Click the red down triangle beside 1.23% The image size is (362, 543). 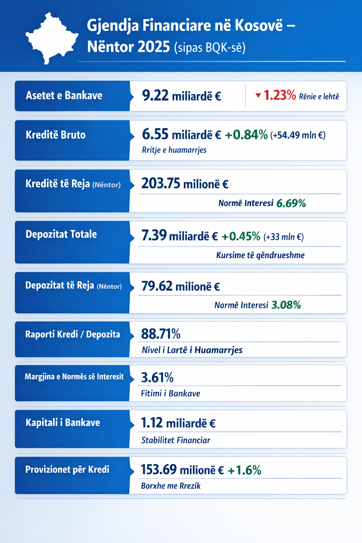tap(258, 95)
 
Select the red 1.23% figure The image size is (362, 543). tap(280, 95)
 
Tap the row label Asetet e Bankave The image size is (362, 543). tap(64, 95)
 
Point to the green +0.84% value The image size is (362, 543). tap(246, 135)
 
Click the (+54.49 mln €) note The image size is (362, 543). tap(298, 135)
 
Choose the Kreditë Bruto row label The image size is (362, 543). tap(56, 135)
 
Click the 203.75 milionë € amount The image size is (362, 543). tap(185, 183)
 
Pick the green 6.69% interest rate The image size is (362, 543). tap(291, 203)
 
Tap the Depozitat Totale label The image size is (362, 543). tap(61, 234)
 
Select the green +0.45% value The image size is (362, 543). tap(241, 236)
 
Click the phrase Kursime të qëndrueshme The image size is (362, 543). tap(260, 255)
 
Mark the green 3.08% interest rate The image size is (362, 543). tap(286, 305)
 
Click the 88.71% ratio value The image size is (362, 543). tap(160, 334)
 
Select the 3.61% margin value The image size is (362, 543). tap(157, 378)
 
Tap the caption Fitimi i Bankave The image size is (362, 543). tap(170, 393)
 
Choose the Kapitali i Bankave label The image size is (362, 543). tap(63, 422)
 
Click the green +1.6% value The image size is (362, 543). tap(244, 470)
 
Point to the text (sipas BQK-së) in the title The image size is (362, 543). tap(210, 47)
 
